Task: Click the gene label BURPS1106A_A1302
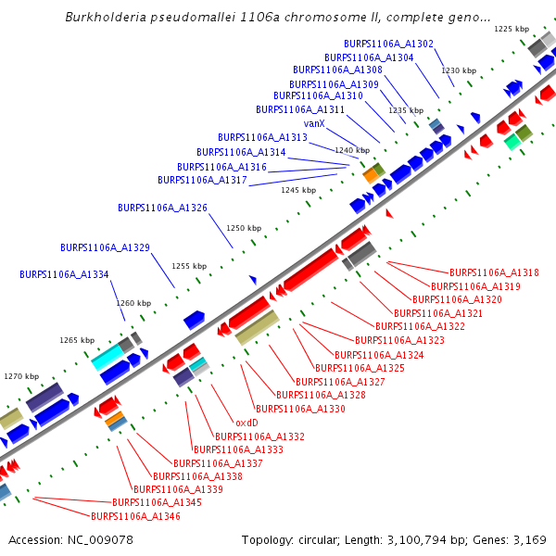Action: [x=388, y=44]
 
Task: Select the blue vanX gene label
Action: [x=314, y=123]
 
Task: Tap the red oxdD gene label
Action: [x=246, y=422]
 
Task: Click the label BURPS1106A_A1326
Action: [x=162, y=207]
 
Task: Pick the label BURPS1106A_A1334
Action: [x=64, y=274]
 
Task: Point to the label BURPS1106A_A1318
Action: [x=494, y=273]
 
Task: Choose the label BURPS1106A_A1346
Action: [x=134, y=516]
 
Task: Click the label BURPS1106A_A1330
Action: [x=300, y=409]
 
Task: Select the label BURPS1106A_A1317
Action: [x=202, y=180]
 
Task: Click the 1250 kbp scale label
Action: [x=245, y=228]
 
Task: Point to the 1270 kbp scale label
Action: [x=21, y=376]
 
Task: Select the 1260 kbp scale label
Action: [x=133, y=303]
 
